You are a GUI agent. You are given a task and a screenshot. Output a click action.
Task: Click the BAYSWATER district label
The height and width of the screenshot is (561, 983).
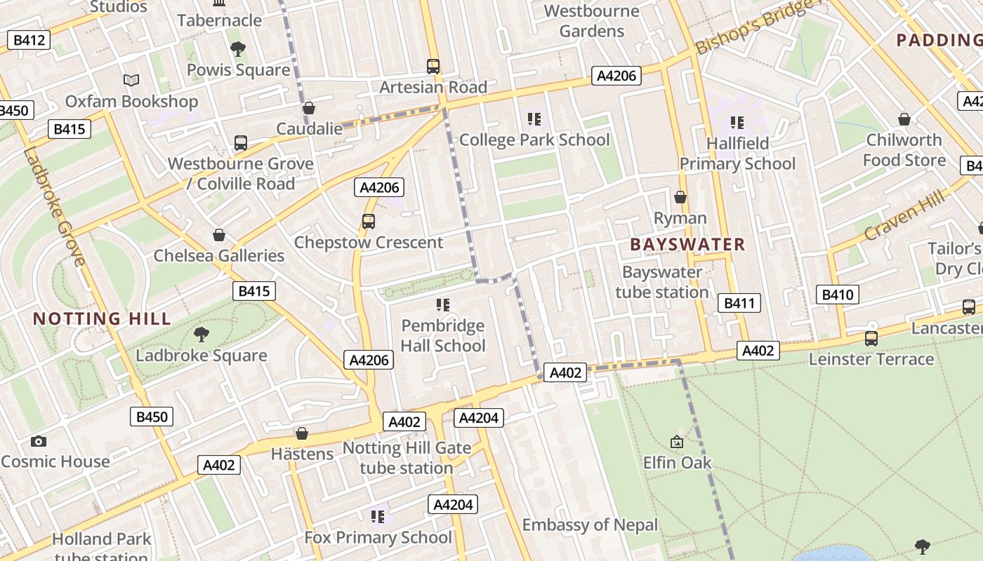pos(687,245)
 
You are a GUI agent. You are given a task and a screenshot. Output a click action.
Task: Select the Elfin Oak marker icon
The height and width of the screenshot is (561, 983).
pos(677,442)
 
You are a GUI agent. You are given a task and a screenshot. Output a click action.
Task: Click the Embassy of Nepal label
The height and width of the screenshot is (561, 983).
pos(590,525)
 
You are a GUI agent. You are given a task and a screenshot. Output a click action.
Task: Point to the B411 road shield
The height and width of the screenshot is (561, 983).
pos(739,303)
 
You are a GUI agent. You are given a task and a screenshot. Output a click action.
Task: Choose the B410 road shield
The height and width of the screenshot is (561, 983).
pos(837,294)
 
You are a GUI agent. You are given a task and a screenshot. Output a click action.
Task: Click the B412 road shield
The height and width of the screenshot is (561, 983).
pos(29,40)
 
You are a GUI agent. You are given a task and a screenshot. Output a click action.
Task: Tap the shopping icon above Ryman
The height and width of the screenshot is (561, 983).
pos(680,197)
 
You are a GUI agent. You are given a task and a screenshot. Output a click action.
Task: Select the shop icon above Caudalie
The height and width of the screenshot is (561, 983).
pos(308,108)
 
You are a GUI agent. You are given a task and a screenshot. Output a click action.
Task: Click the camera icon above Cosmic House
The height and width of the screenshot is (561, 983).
pos(39,441)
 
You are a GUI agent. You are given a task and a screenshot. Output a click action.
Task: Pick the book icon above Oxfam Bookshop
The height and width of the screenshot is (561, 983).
pos(131,80)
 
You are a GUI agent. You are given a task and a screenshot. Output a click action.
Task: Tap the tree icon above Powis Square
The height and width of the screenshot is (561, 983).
pos(238,48)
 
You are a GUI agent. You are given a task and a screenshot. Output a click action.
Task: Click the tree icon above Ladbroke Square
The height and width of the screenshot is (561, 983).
pos(202,334)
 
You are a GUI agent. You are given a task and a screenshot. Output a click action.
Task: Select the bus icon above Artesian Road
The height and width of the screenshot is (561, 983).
pos(433,67)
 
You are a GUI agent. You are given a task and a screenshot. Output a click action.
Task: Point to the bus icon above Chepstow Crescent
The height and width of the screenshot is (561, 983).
pos(369,222)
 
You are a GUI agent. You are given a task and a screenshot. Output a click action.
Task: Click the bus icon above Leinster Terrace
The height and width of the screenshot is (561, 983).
pos(871,338)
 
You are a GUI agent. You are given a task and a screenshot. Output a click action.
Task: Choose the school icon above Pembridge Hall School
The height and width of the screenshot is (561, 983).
pos(442,304)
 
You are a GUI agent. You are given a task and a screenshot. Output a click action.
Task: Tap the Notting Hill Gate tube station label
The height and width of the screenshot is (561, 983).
pos(407,458)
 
